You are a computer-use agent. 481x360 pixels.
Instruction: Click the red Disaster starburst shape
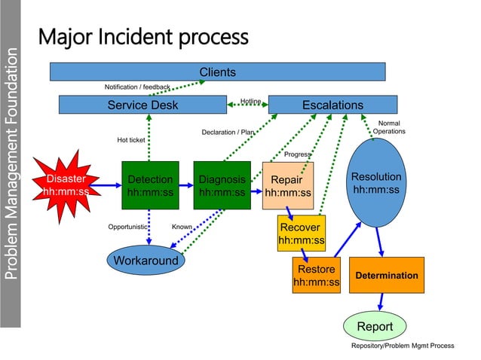click(66, 185)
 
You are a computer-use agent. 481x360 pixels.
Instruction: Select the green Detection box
click(150, 186)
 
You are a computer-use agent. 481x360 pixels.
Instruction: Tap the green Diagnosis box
click(222, 186)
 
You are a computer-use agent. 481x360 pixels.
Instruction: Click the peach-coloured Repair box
click(287, 186)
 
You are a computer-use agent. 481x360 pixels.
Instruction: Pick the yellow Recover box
click(301, 233)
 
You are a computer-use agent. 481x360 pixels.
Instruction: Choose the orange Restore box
click(316, 276)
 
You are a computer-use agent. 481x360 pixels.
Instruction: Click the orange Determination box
click(386, 276)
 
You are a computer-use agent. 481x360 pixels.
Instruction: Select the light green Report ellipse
click(375, 327)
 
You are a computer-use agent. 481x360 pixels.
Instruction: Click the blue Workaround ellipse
click(146, 261)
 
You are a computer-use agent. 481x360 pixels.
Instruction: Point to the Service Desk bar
click(142, 105)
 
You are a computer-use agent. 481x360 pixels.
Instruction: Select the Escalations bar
click(332, 105)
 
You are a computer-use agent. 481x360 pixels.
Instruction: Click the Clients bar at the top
click(217, 72)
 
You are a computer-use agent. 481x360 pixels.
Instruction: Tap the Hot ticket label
click(131, 139)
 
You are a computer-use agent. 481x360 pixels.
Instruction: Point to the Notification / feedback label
click(137, 87)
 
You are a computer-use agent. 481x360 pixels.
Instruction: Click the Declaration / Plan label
click(228, 133)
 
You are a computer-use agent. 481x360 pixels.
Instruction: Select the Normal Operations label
click(389, 127)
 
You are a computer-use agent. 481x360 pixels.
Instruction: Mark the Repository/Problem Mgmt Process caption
click(403, 346)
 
